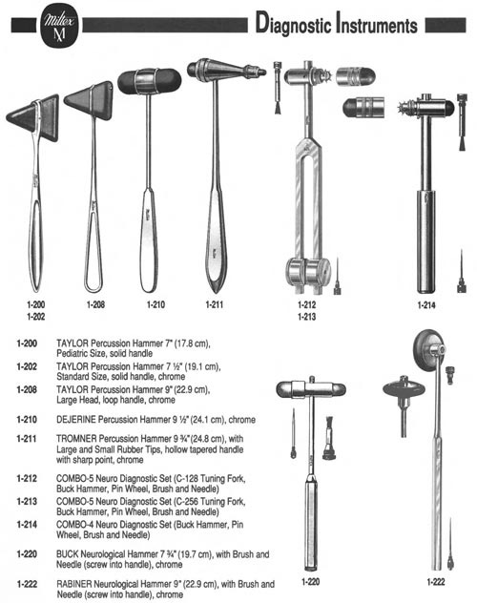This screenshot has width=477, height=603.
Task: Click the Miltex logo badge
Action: [59, 26]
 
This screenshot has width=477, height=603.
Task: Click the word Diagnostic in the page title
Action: [293, 24]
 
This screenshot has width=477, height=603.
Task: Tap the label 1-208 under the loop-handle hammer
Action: [95, 304]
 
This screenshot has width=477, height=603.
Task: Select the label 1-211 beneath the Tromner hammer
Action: [214, 304]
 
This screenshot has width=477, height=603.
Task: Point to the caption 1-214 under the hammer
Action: [426, 305]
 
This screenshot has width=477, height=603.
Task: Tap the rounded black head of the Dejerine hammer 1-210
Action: [149, 81]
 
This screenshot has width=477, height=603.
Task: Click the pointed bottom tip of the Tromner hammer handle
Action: [216, 292]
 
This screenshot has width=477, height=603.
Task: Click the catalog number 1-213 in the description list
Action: [27, 502]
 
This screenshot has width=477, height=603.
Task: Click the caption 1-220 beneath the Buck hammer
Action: [310, 581]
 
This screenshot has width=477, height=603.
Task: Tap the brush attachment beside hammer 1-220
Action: [328, 438]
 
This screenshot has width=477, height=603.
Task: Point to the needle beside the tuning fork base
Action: [337, 276]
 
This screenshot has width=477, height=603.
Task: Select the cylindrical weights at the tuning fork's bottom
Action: [308, 272]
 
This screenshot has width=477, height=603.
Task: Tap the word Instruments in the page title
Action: [377, 24]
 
